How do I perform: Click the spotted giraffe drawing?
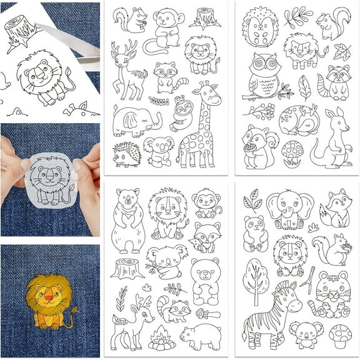199,128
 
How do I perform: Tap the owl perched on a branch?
262,76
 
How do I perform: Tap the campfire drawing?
162,337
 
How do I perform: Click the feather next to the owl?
304,87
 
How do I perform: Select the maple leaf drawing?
342,51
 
